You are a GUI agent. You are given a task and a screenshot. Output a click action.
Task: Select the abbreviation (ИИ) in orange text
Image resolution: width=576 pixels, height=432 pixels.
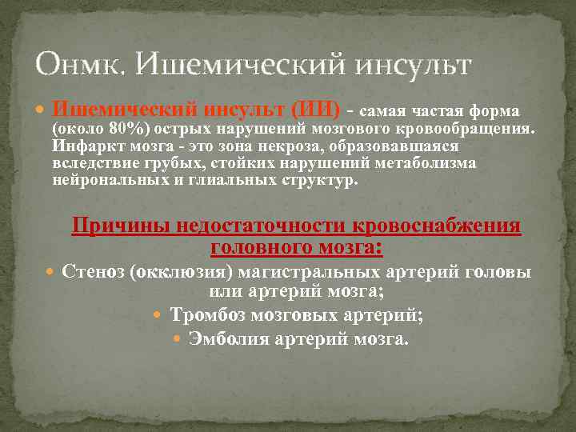315,109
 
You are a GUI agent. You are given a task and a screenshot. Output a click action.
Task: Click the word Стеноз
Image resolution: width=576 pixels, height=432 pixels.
94,273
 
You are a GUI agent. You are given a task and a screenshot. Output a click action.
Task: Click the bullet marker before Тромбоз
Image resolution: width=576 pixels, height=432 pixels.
157,316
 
